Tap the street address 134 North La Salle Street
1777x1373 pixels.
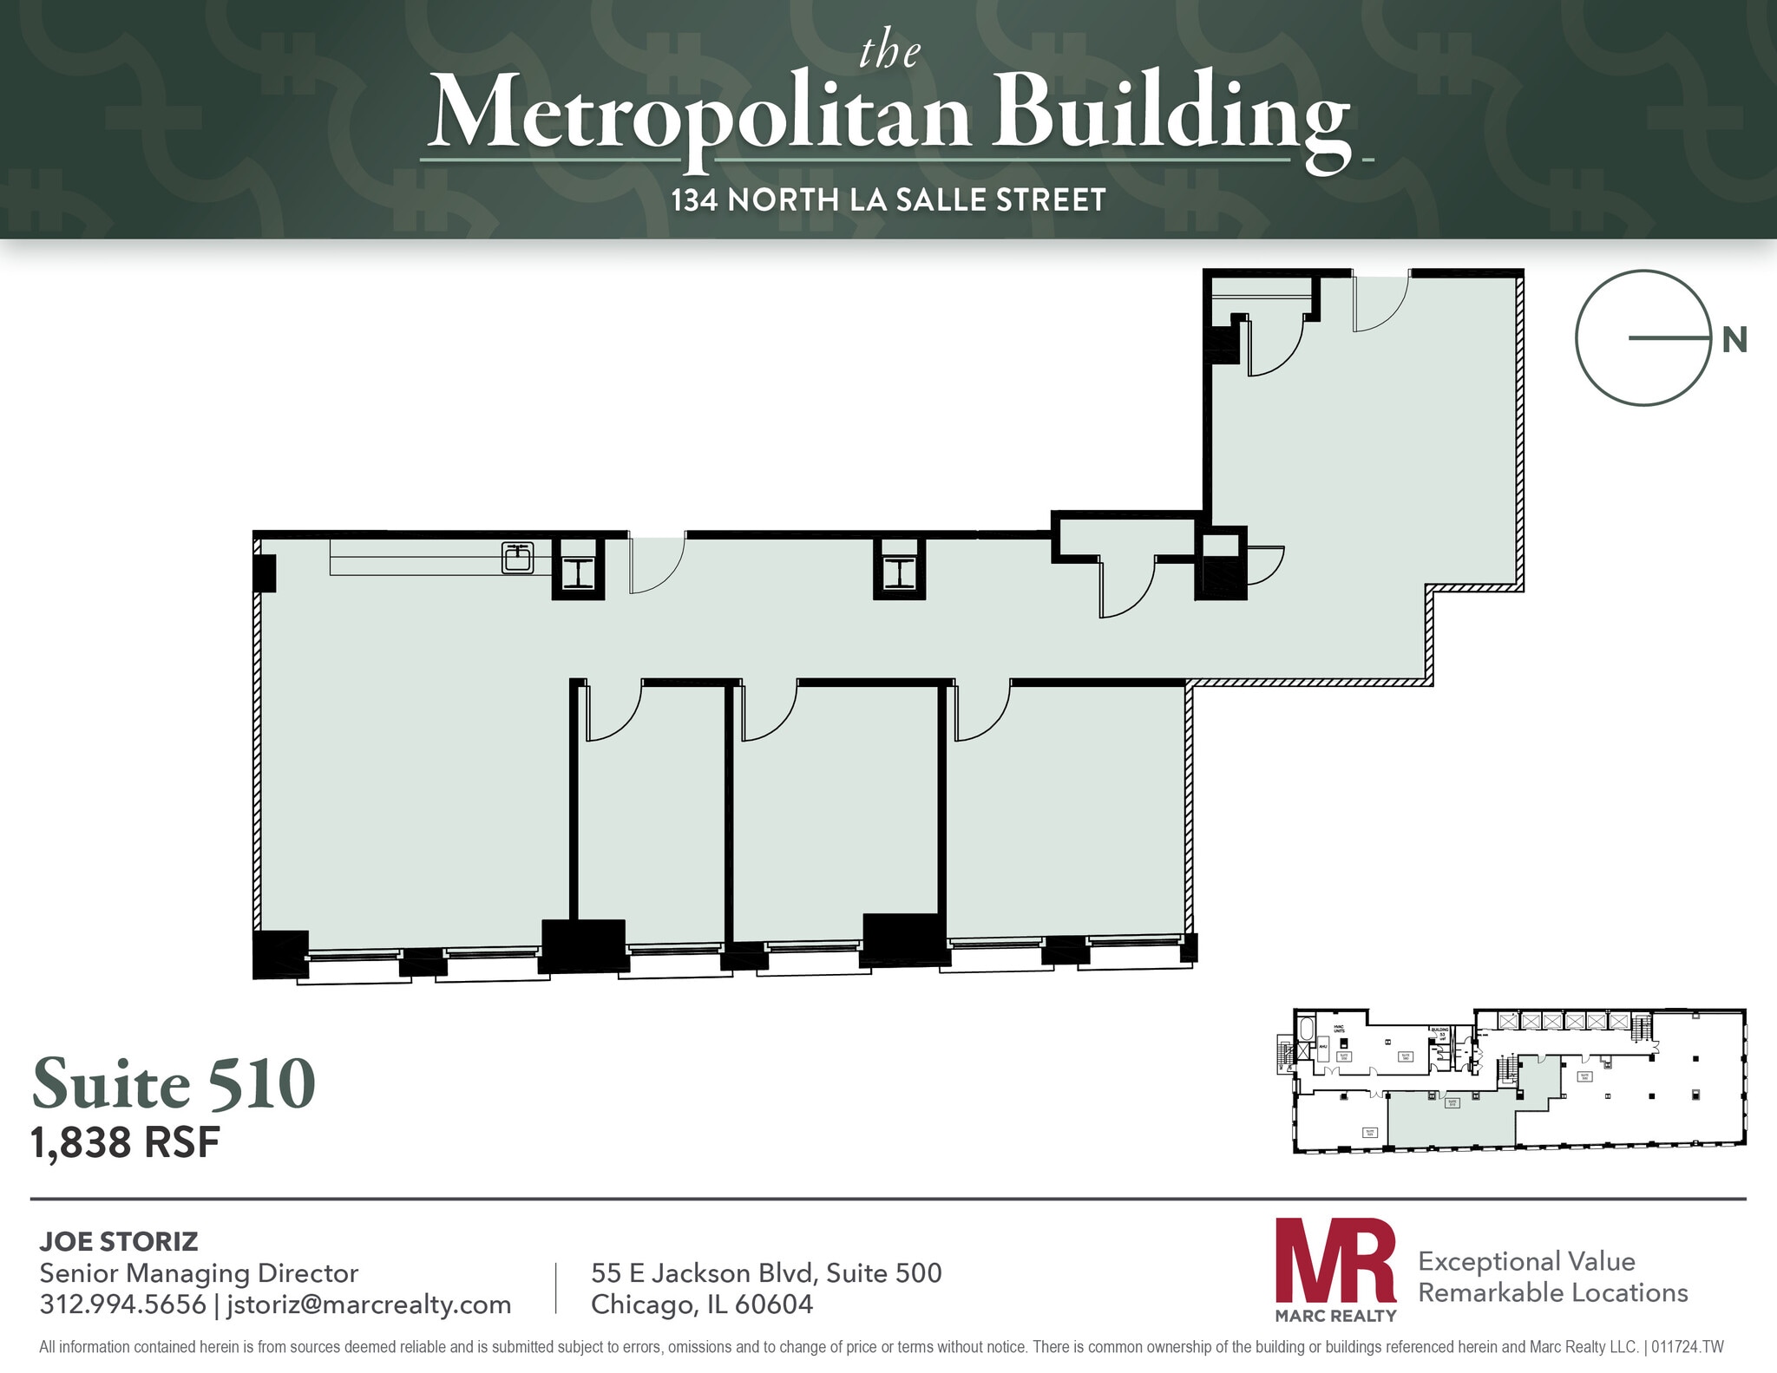888,200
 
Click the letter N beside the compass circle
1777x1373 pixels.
1734,341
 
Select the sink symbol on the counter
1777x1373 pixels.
518,557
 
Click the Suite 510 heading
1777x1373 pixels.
174,1084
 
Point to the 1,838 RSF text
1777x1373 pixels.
126,1143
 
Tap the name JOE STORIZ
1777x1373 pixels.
119,1241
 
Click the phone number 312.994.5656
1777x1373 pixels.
122,1304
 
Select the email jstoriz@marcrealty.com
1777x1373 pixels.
369,1304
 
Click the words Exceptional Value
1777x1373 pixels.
1526,1261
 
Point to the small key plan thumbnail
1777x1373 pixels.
1518,1081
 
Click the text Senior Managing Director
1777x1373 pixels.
199,1273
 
